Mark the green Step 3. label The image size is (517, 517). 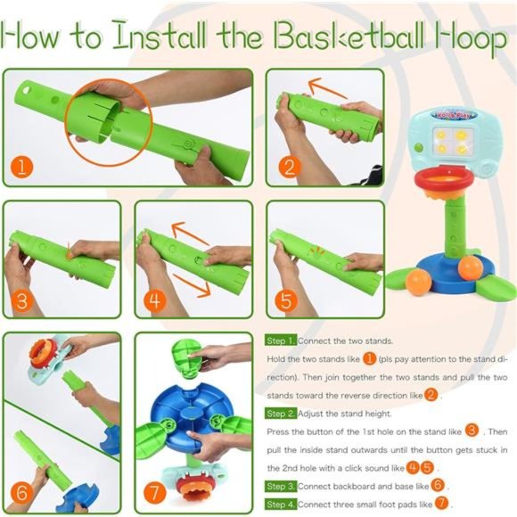[x=281, y=486]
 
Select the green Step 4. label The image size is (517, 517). [x=281, y=505]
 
